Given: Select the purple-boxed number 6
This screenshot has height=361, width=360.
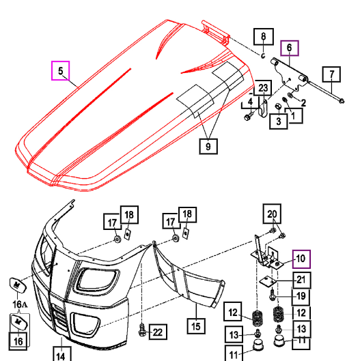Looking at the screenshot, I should tap(289, 48).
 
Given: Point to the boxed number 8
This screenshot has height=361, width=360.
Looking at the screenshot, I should tap(264, 37).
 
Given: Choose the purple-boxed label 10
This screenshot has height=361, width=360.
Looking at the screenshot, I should tap(301, 259).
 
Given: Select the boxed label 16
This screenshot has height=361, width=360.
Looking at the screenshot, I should tap(18, 338).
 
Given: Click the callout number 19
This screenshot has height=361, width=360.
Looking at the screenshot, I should tap(301, 297).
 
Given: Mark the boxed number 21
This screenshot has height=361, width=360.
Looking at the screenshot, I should tap(301, 279).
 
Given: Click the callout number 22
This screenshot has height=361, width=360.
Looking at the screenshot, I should tap(158, 332).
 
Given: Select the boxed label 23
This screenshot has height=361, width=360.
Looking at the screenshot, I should tap(264, 87).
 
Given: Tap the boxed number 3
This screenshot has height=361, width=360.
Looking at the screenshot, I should tap(278, 121).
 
